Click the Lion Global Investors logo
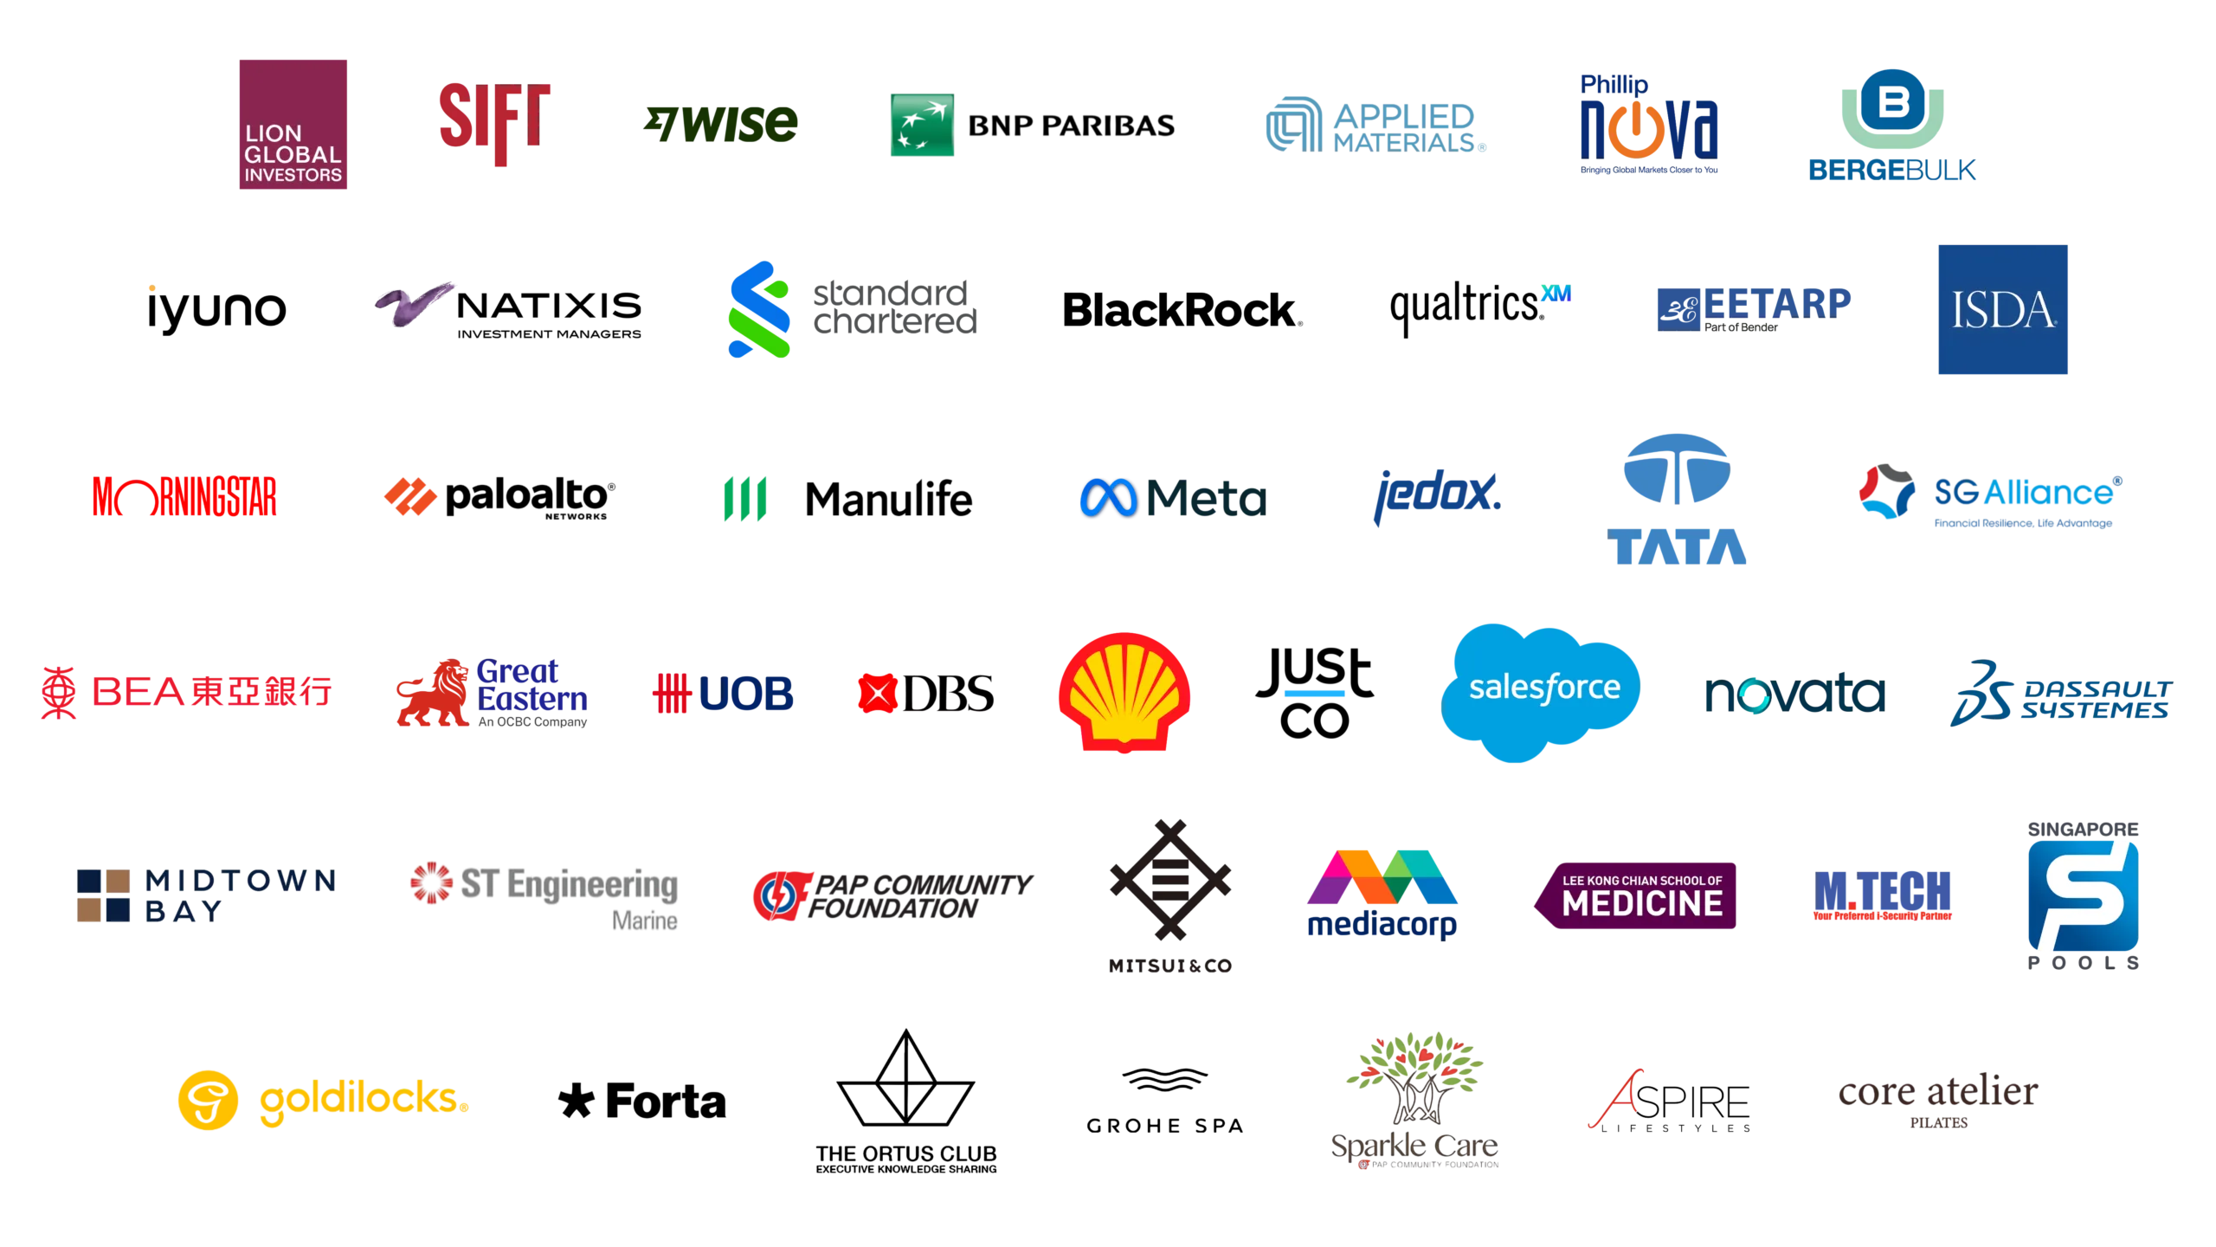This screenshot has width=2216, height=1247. click(293, 125)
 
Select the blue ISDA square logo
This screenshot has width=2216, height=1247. click(2001, 311)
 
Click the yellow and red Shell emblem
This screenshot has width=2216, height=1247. click(1124, 692)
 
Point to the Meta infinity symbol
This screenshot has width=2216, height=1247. click(1107, 499)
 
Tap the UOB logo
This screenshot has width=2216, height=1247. click(724, 694)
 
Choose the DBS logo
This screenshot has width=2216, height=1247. click(926, 694)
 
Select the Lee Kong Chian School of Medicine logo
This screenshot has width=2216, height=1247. click(1635, 895)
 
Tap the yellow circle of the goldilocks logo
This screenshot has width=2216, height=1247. click(207, 1100)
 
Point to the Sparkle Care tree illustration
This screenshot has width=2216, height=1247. click(1416, 1078)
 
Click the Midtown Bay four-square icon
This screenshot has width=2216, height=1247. click(104, 896)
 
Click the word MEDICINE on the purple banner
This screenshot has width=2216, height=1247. click(1642, 904)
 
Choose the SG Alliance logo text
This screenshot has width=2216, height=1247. click(2026, 492)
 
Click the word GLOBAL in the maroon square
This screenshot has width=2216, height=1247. click(293, 154)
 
